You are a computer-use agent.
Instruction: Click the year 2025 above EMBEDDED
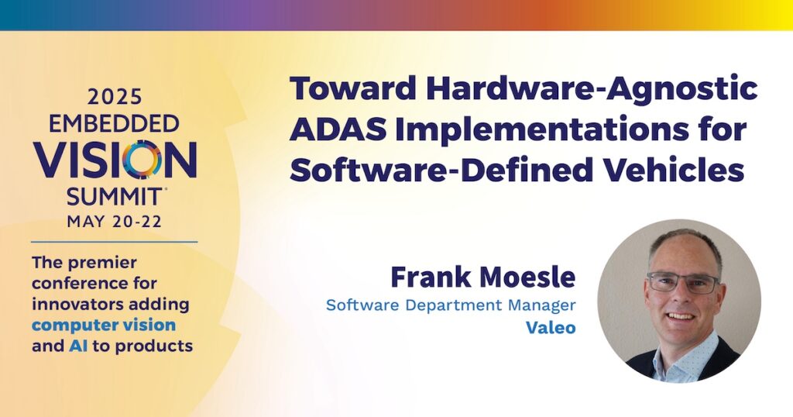click(115, 97)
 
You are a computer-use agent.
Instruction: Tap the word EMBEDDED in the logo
click(114, 123)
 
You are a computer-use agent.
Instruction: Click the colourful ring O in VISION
click(142, 159)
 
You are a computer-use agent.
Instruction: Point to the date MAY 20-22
click(115, 222)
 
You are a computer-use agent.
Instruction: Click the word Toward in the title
click(353, 88)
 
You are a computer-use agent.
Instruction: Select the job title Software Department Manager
click(451, 305)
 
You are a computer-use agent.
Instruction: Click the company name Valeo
click(551, 328)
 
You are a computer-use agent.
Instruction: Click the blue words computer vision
click(104, 326)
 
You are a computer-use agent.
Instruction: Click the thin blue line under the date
click(115, 243)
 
